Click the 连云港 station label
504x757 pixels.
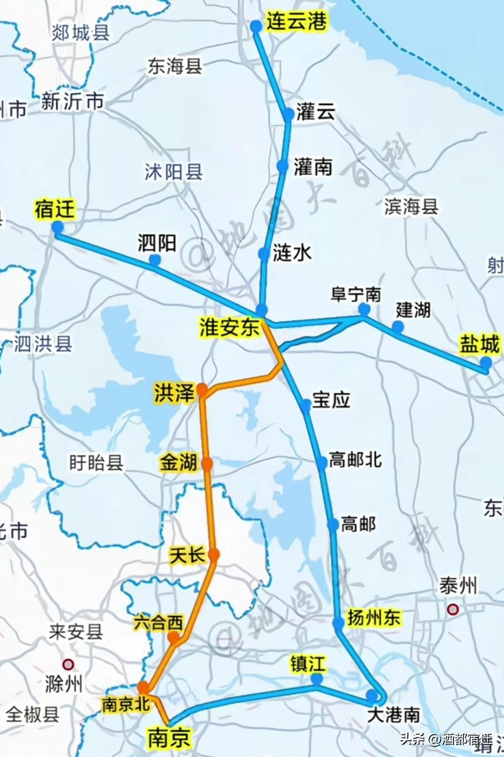(296, 21)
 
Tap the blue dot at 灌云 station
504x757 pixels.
(288, 114)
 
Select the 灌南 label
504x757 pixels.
(313, 167)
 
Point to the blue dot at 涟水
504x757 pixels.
(264, 254)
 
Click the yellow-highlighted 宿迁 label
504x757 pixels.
(55, 209)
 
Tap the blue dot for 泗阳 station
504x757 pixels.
(155, 260)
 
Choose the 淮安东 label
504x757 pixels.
(229, 327)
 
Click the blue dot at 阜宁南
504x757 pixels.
(364, 309)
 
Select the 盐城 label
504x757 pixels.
(479, 344)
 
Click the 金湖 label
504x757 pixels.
(178, 463)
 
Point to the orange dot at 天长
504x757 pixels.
(214, 555)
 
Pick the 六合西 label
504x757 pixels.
(158, 622)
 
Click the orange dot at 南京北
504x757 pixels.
(143, 687)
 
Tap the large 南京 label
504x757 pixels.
(169, 738)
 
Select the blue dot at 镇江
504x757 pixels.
(317, 678)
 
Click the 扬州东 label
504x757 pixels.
(374, 618)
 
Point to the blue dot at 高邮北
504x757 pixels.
(321, 463)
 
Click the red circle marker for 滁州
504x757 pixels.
(68, 664)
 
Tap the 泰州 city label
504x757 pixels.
(458, 586)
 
